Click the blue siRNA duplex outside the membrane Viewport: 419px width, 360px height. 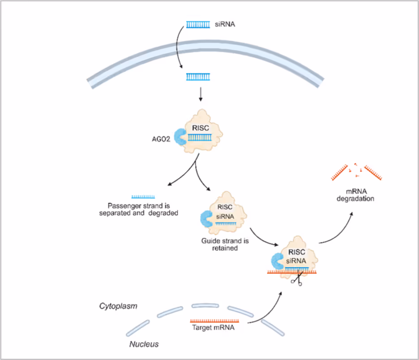click(198, 25)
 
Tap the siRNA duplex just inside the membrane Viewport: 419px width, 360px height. click(198, 77)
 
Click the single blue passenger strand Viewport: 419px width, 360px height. click(143, 197)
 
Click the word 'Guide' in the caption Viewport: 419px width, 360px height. click(210, 240)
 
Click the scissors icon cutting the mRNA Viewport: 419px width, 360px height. click(296, 280)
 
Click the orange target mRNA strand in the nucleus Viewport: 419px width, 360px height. click(214, 321)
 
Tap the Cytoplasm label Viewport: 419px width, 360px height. click(118, 306)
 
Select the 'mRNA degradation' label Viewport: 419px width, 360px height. click(355, 195)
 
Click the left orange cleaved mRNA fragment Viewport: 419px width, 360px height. click(340, 173)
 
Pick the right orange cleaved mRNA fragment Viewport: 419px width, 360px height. click(373, 173)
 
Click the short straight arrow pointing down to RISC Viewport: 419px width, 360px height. click(200, 93)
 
